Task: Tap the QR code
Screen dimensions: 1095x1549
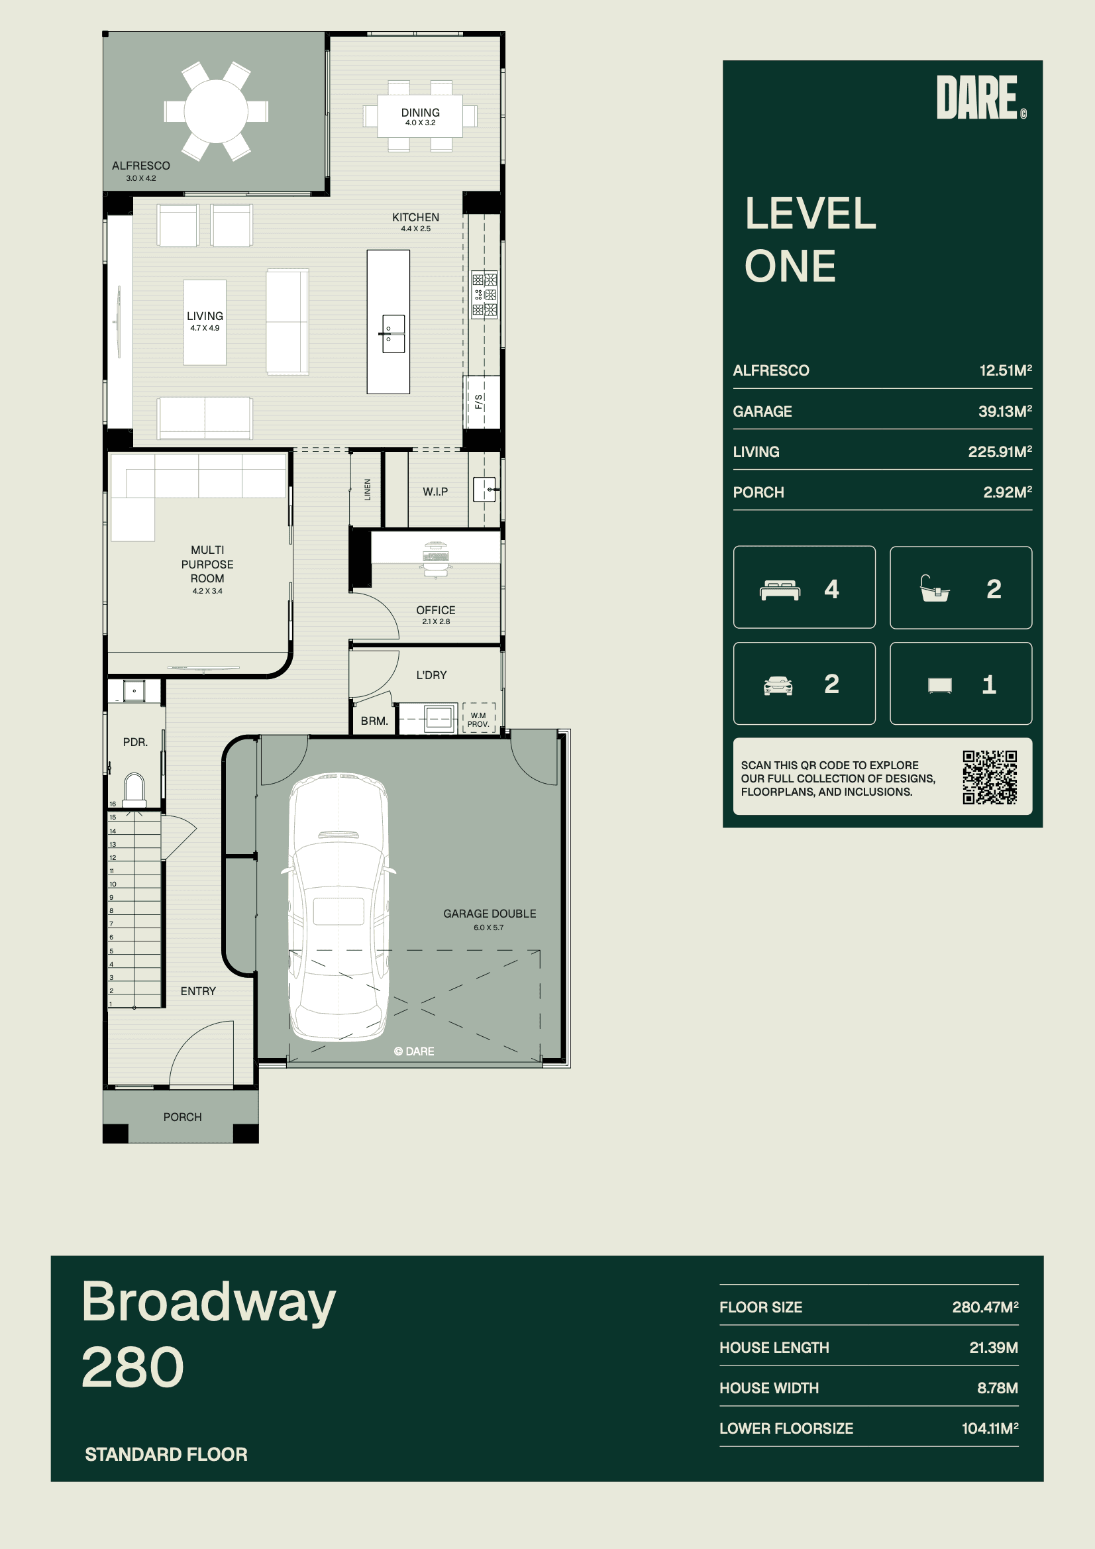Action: point(989,777)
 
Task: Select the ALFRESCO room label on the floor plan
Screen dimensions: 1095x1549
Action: point(141,165)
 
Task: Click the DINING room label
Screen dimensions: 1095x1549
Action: point(421,113)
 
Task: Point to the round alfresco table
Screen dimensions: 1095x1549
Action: point(216,111)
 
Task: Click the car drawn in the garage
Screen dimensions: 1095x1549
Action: point(338,907)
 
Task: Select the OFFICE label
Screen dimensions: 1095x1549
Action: point(436,610)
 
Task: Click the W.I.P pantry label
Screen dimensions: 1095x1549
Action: point(435,492)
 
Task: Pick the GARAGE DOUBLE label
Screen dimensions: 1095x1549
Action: point(490,914)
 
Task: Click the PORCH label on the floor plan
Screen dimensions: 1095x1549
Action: point(182,1117)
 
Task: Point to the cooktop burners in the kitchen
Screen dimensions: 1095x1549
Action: point(484,295)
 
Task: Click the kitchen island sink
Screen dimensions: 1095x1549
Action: point(393,333)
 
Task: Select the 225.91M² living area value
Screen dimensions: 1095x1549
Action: point(1000,451)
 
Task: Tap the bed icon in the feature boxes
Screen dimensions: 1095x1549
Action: point(780,590)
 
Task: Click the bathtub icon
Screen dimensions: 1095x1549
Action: point(935,588)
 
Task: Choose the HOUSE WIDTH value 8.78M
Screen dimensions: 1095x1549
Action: point(997,1388)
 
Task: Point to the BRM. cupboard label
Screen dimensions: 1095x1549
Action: point(374,721)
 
